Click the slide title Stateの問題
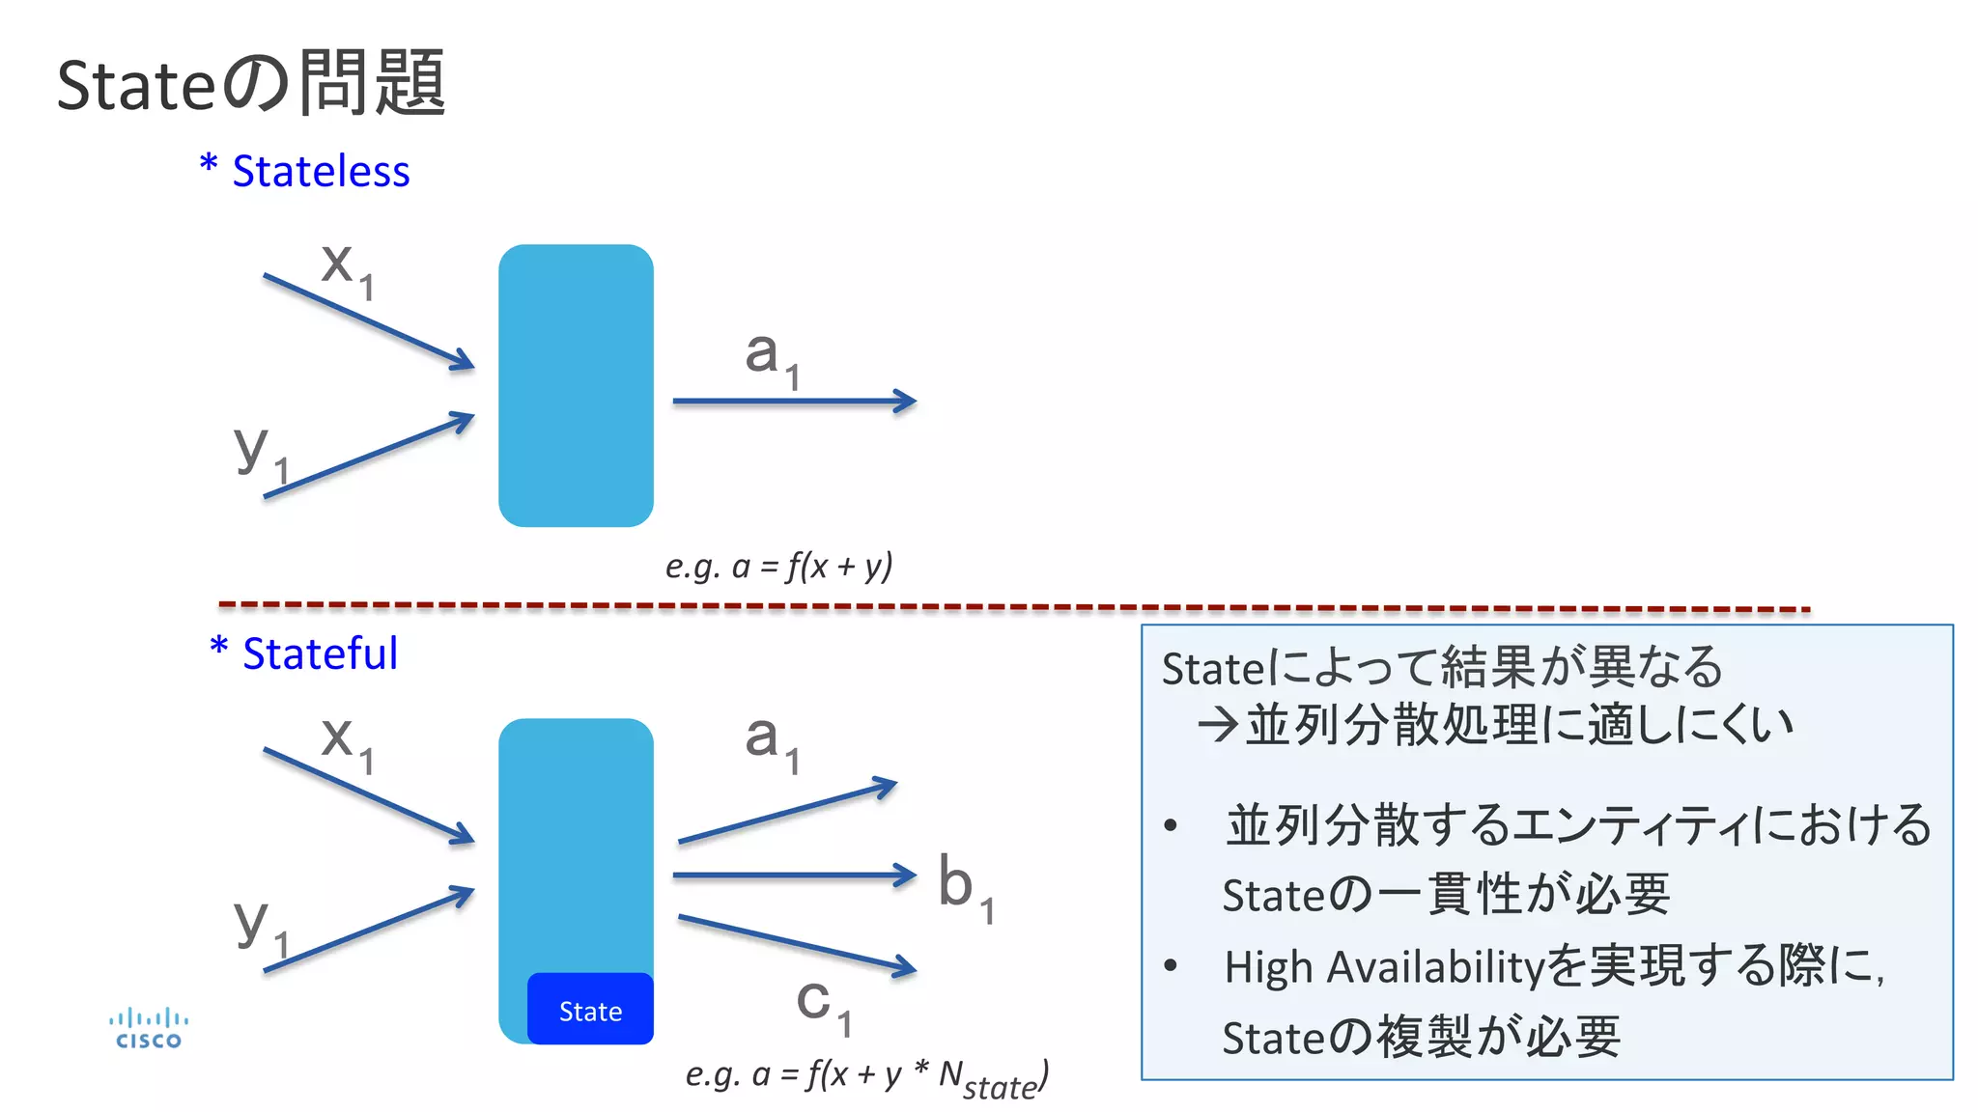click(x=251, y=85)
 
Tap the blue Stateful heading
click(x=305, y=653)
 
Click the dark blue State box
click(x=590, y=1010)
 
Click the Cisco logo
click(x=148, y=1029)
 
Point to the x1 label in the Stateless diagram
click(x=347, y=268)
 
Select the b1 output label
click(x=965, y=887)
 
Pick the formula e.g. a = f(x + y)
click(x=778, y=566)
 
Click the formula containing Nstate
click(x=866, y=1076)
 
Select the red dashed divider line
click(x=1014, y=607)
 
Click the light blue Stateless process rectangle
click(x=576, y=385)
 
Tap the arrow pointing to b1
click(x=792, y=876)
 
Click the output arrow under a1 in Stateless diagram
click(x=792, y=401)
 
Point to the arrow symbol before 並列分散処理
click(x=1217, y=725)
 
